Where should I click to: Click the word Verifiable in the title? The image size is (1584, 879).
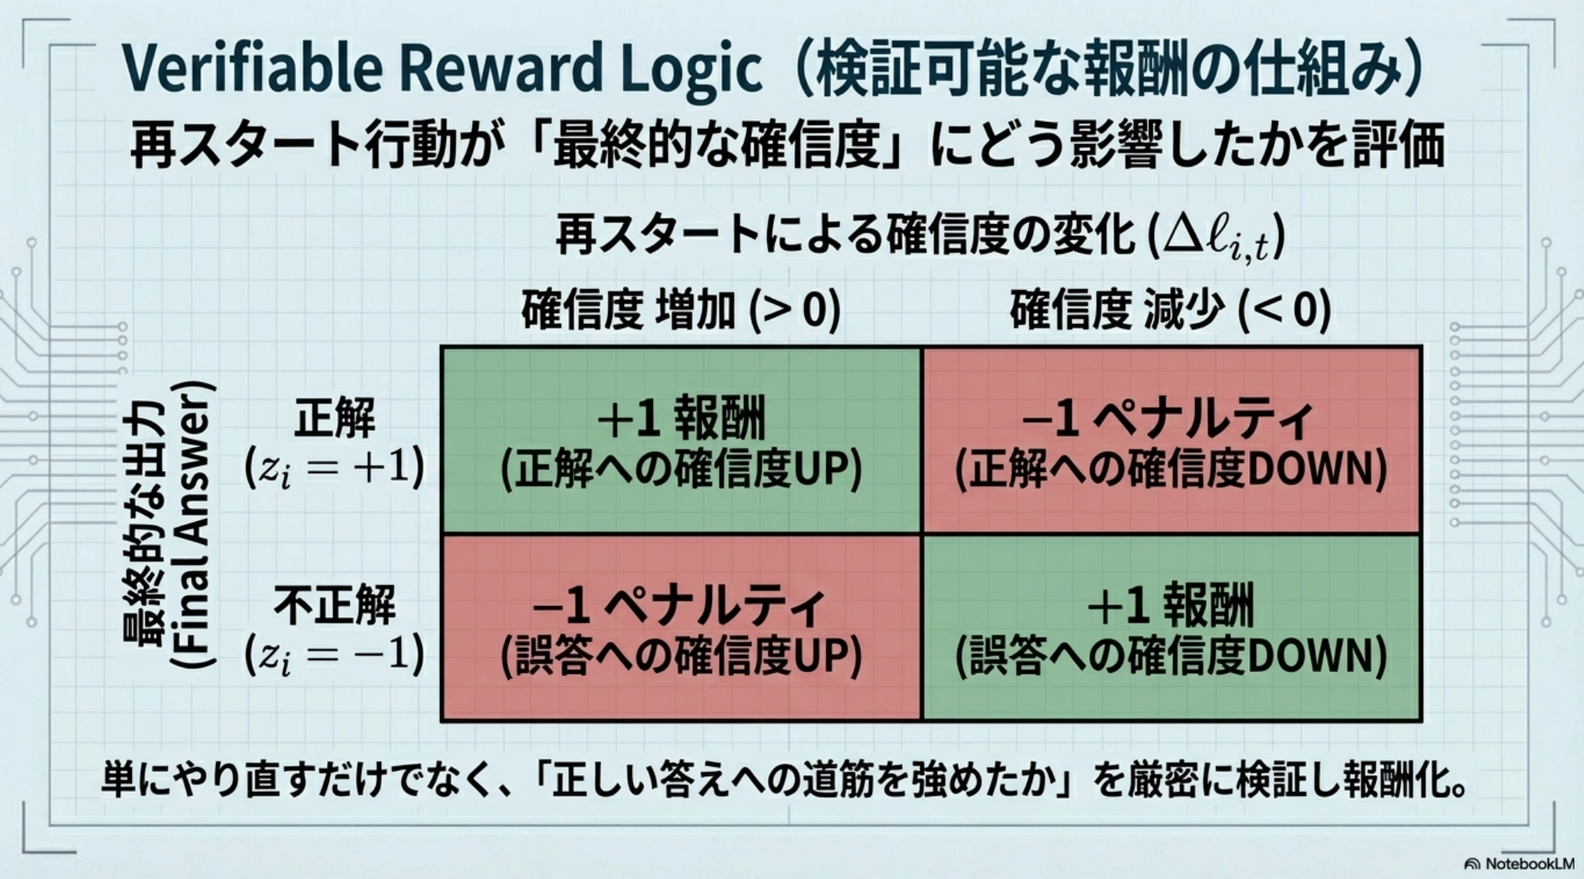click(252, 68)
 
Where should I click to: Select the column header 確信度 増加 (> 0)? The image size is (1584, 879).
click(681, 309)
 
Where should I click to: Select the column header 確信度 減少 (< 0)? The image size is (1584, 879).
click(1170, 309)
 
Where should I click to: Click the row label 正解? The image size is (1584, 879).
click(335, 417)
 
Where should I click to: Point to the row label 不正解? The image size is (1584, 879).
click(335, 605)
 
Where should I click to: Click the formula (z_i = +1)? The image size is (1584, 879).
click(335, 468)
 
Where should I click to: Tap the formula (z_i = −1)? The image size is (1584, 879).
click(335, 654)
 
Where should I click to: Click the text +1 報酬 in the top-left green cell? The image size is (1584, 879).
click(681, 420)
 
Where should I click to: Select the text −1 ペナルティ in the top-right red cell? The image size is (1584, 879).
click(1170, 420)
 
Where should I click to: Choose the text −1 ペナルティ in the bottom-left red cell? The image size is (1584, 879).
click(681, 606)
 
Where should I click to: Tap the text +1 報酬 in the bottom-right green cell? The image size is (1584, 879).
click(1170, 606)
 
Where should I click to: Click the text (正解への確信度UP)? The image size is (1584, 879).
click(681, 469)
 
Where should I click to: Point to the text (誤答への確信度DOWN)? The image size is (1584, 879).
click(1171, 656)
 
